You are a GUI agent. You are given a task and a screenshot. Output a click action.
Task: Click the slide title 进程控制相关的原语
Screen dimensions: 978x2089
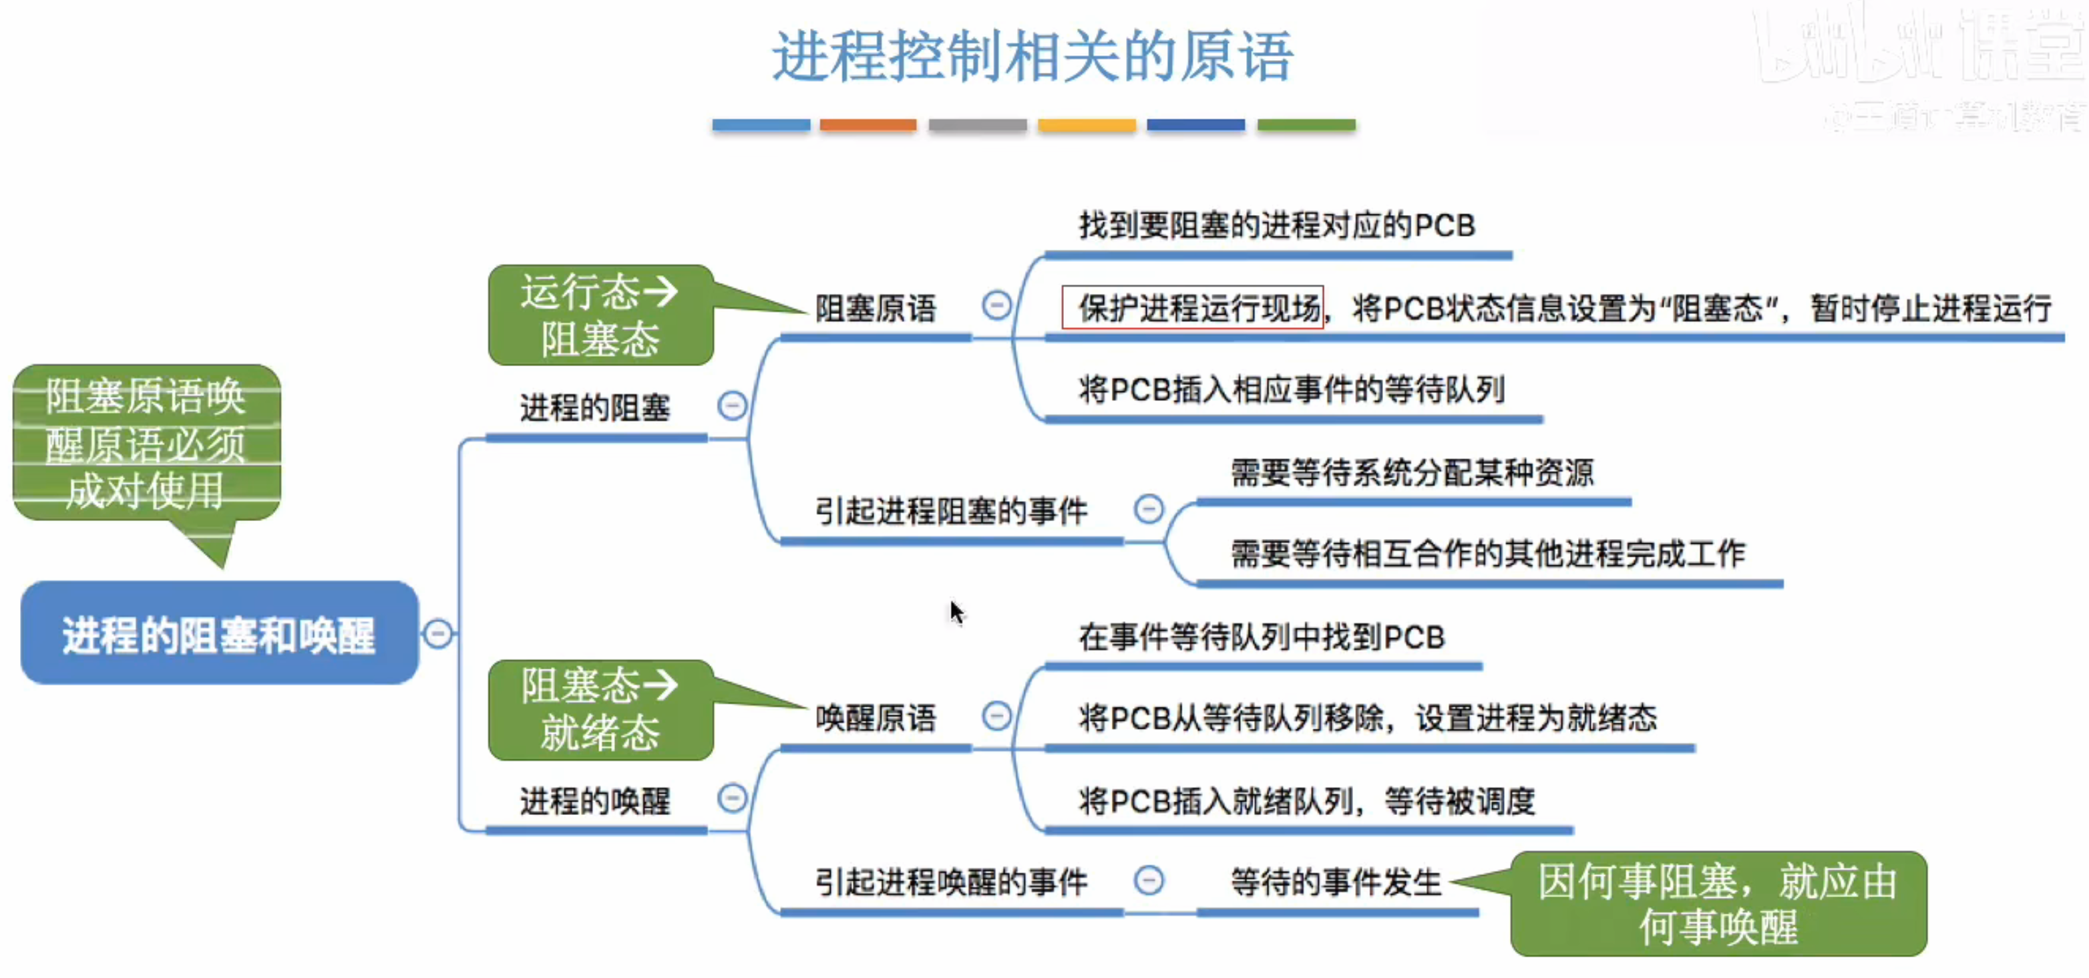[x=1032, y=57]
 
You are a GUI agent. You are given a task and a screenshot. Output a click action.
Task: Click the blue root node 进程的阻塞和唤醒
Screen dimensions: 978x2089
[x=219, y=633]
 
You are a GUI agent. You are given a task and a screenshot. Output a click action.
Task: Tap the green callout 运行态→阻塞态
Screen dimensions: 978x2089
[x=600, y=315]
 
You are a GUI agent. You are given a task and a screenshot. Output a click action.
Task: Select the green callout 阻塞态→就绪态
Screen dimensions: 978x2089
[x=600, y=709]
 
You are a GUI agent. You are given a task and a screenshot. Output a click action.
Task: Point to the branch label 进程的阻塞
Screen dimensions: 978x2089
[x=594, y=407]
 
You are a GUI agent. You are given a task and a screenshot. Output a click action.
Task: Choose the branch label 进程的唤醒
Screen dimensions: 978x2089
[x=594, y=801]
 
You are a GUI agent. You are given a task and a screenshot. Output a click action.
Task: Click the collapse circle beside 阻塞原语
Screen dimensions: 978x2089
[x=996, y=306]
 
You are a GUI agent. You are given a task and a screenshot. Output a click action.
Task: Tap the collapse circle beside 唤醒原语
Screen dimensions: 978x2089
[x=996, y=716]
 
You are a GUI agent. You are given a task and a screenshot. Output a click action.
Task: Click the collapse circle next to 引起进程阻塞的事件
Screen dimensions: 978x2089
[x=1148, y=509]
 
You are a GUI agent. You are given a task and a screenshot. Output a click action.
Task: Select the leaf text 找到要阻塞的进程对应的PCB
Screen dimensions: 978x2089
[x=1276, y=225]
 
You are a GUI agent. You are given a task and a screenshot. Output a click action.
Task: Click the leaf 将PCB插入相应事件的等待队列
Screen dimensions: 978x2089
[x=1291, y=390]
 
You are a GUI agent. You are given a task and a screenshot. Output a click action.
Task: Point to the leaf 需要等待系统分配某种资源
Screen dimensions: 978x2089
[x=1412, y=473]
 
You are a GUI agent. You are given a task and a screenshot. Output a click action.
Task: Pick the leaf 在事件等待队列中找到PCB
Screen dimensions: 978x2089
[x=1261, y=637]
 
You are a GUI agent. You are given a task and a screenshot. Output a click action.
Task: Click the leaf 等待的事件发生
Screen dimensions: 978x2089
[x=1336, y=882]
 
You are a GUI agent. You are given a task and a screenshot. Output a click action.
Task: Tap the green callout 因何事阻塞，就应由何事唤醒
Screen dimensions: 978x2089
[x=1718, y=903]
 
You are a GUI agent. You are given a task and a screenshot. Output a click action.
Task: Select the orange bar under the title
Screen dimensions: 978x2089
[x=868, y=125]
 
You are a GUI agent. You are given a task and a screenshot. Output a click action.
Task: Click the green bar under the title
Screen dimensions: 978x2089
[x=1306, y=125]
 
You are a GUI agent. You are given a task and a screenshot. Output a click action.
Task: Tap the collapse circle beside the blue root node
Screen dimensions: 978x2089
[x=438, y=633]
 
